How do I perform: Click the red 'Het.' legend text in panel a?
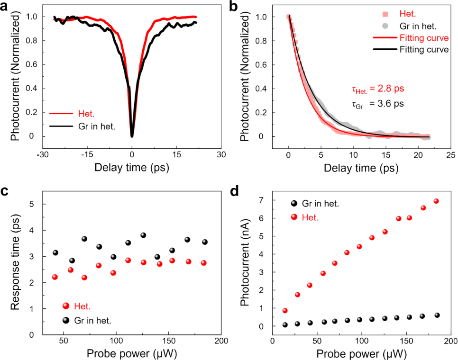pyautogui.click(x=87, y=113)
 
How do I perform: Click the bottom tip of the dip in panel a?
pyautogui.click(x=132, y=136)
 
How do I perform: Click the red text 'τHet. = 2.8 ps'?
pyautogui.click(x=374, y=89)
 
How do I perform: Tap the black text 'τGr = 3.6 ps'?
pyautogui.click(x=374, y=103)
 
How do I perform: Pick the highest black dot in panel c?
pyautogui.click(x=143, y=235)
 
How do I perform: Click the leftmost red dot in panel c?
pyautogui.click(x=55, y=277)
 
